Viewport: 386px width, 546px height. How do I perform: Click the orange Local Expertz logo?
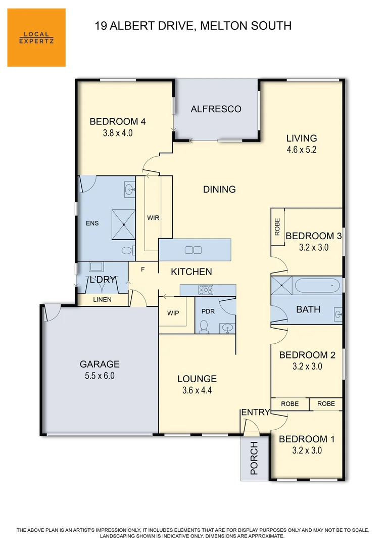[36, 37]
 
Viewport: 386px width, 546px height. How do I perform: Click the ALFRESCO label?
[216, 109]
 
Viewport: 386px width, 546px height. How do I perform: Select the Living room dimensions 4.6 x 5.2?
[301, 150]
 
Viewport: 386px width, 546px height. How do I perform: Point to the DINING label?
[219, 190]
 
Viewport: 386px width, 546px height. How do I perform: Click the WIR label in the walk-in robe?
[154, 218]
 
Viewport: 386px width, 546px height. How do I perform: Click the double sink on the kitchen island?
[193, 250]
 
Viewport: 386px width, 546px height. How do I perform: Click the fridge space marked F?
[143, 269]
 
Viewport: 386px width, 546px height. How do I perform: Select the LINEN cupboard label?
[103, 300]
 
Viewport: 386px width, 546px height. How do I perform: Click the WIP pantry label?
[173, 313]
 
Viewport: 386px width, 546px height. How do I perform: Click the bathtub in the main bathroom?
[317, 286]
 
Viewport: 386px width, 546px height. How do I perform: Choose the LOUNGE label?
[197, 379]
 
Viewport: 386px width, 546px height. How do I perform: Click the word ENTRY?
[256, 413]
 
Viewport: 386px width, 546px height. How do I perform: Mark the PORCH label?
[254, 459]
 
